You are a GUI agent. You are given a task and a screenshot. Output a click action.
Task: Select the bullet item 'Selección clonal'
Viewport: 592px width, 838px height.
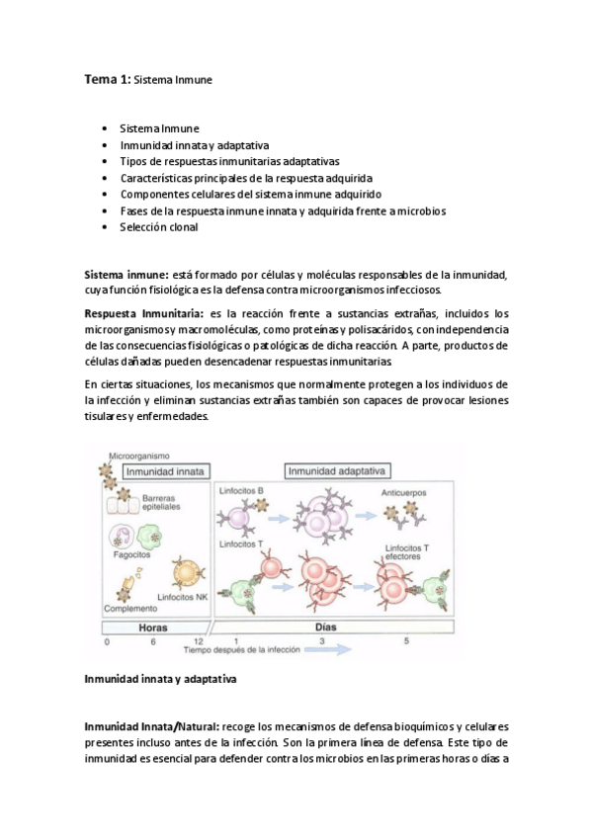coord(158,227)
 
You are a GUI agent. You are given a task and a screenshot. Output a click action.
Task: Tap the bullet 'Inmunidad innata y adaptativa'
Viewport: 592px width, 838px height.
coord(184,144)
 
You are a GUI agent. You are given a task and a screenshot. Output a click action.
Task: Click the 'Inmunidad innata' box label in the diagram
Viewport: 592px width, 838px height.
coord(161,471)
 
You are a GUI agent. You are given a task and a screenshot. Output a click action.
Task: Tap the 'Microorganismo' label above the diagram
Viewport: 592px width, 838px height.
coord(139,456)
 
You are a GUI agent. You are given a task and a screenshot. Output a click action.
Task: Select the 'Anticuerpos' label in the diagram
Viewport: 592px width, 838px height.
coord(405,492)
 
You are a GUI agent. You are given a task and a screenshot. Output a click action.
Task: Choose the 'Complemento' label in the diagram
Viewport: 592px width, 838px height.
coord(130,611)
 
